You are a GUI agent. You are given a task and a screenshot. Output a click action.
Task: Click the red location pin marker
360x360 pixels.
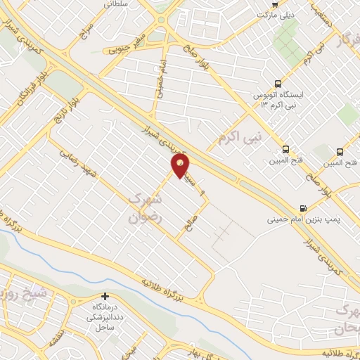pyautogui.click(x=181, y=167)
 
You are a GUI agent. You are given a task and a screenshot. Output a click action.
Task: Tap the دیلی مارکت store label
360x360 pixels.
pyautogui.click(x=276, y=14)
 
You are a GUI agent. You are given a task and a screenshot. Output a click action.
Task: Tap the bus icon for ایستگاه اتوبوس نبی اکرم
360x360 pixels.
pyautogui.click(x=278, y=83)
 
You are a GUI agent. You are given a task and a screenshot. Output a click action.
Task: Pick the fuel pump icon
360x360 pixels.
pyautogui.click(x=303, y=207)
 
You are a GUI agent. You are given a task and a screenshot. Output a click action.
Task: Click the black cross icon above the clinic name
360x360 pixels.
pyautogui.click(x=104, y=297)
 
